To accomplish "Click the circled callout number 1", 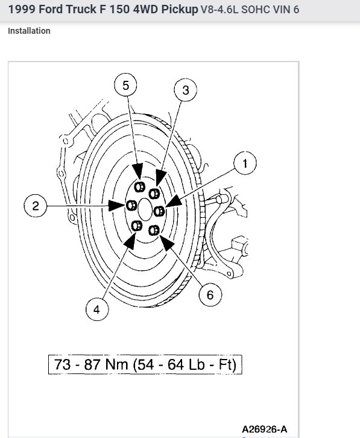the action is tap(245, 163).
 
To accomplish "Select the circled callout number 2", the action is tap(35, 206).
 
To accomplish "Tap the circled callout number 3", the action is tap(186, 90).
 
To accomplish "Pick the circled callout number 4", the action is tap(97, 309).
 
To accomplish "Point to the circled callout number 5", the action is tap(125, 85).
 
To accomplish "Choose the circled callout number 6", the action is tap(210, 294).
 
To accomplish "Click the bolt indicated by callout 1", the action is tap(159, 211).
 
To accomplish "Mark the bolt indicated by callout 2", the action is tap(131, 206).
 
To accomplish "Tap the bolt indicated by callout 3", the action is tap(154, 193).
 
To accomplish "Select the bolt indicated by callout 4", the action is tap(136, 226).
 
